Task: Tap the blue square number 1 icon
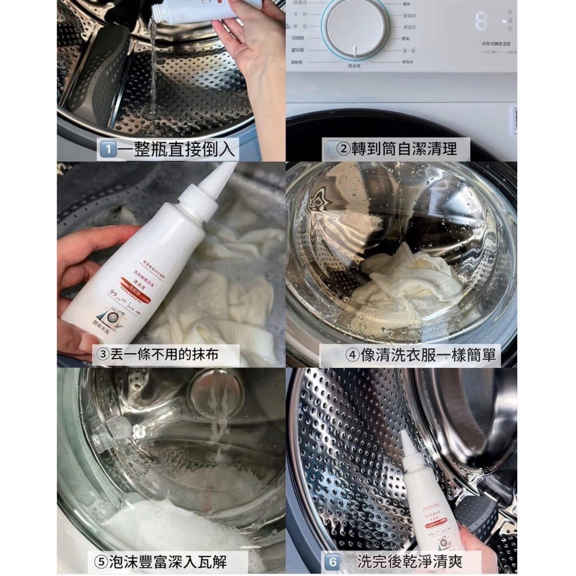click(106, 150)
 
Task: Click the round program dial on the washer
click(355, 28)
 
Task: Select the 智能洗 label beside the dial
click(410, 16)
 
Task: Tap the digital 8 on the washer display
click(481, 22)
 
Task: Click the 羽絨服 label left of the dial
click(298, 38)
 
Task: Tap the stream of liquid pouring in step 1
click(153, 63)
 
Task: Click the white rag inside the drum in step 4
click(403, 282)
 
